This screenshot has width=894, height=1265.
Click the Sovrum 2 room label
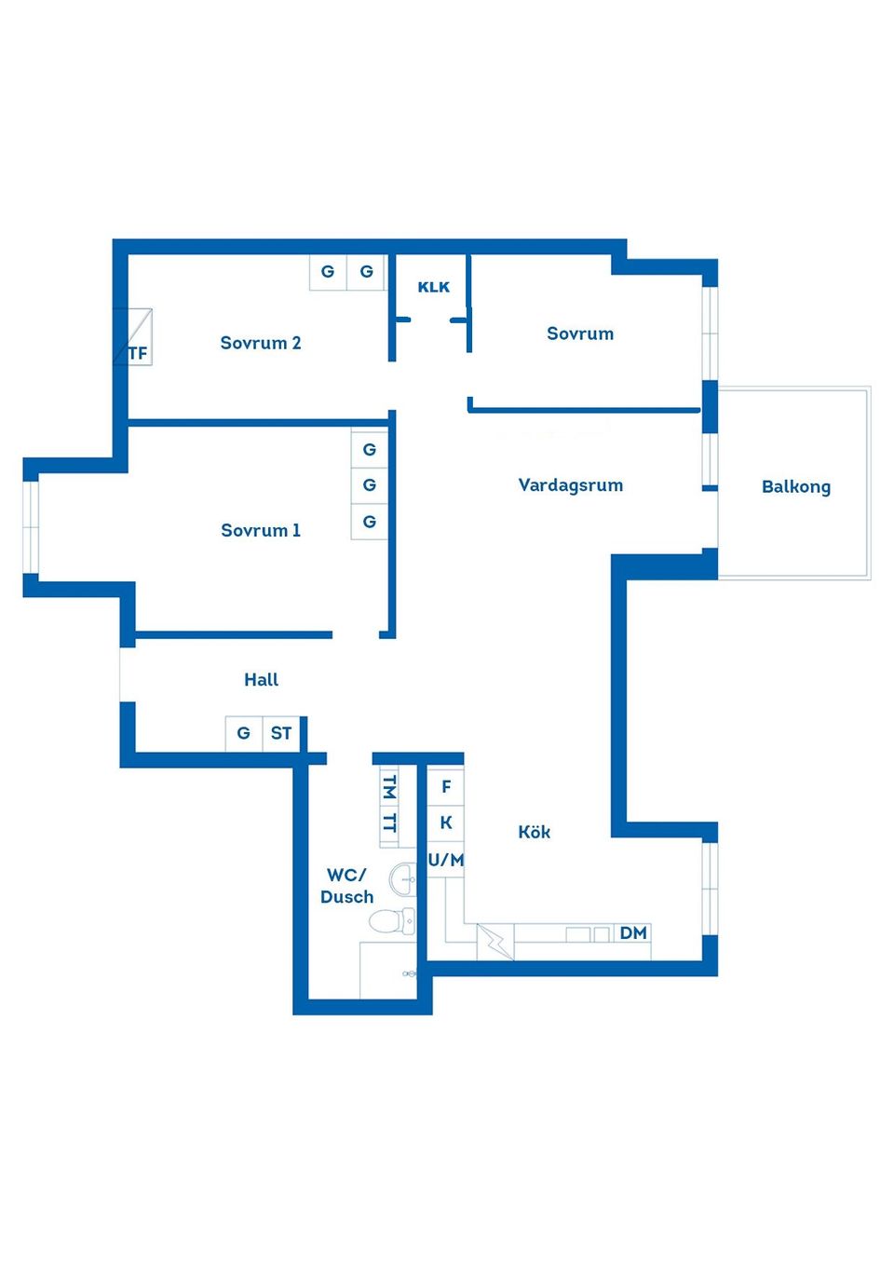coord(261,343)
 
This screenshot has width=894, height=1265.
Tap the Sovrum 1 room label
coord(261,530)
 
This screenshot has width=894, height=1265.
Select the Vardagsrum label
coord(570,484)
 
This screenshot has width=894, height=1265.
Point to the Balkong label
coord(795,486)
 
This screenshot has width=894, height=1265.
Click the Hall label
coord(261,679)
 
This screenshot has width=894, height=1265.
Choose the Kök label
coord(534,832)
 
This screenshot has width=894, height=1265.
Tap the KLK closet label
coord(433,287)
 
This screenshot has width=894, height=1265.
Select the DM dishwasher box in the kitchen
coord(633,933)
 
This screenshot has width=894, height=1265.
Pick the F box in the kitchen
coord(446,787)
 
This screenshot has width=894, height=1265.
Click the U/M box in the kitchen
coord(446,860)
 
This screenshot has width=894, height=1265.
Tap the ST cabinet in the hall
coord(281,733)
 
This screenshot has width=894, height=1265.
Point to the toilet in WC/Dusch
coord(391,921)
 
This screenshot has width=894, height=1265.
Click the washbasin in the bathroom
coord(403,878)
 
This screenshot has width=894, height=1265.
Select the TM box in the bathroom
coord(389,787)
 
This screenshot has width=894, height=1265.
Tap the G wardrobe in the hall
coord(244,733)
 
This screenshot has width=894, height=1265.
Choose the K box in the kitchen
coord(446,823)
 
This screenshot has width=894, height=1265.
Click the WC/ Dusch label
coord(346,886)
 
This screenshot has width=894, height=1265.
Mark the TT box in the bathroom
coord(389,823)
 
